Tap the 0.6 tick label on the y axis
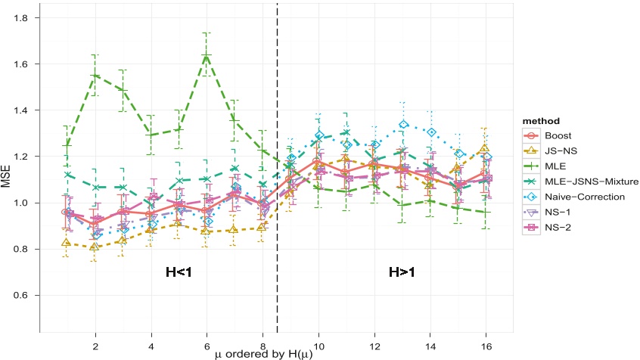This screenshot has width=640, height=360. [x=27, y=295]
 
